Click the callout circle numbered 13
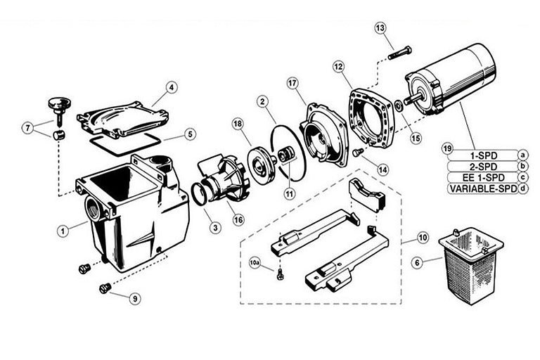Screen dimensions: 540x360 pyautogui.click(x=380, y=28)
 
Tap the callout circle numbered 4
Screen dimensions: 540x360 pyautogui.click(x=171, y=87)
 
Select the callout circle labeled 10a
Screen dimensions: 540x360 pyautogui.click(x=255, y=264)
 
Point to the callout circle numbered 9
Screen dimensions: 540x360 pyautogui.click(x=135, y=298)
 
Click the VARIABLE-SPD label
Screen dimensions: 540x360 pyautogui.click(x=484, y=188)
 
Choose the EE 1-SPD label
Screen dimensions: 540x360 pyautogui.click(x=483, y=178)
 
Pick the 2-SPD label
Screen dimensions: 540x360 pyautogui.click(x=483, y=167)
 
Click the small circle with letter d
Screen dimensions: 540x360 pyautogui.click(x=523, y=188)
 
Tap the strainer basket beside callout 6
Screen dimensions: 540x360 pyautogui.click(x=470, y=265)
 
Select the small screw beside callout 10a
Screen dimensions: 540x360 pyautogui.click(x=281, y=274)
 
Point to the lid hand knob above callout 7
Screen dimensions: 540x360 pyautogui.click(x=60, y=109)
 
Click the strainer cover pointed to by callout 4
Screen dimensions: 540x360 pyautogui.click(x=122, y=119)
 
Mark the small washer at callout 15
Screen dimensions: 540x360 pyautogui.click(x=398, y=106)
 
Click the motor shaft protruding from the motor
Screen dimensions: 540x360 pyautogui.click(x=413, y=99)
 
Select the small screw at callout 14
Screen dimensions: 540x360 pyautogui.click(x=359, y=152)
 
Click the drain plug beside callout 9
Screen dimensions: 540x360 pyautogui.click(x=105, y=288)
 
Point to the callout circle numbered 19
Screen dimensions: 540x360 pyautogui.click(x=447, y=149)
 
